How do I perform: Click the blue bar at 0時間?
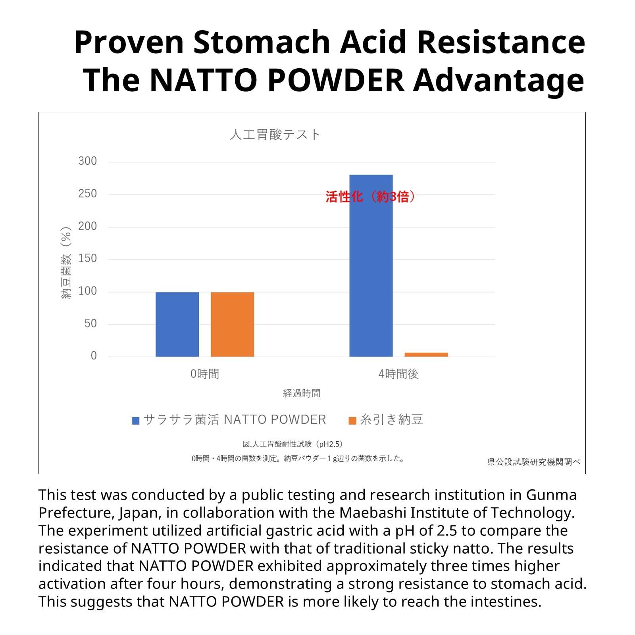(x=177, y=324)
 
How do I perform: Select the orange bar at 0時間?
(x=232, y=324)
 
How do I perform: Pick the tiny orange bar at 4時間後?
(x=426, y=354)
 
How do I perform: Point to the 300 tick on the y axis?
(x=87, y=161)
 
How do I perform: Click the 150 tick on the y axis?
(x=87, y=259)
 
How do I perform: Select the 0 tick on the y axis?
(x=94, y=356)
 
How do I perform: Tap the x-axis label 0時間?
(x=205, y=374)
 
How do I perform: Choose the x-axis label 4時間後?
(x=398, y=374)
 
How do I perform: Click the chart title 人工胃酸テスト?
(x=275, y=135)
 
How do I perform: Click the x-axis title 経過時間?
(x=302, y=393)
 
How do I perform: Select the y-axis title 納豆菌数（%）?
(x=66, y=263)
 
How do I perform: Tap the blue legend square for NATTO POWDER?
(x=136, y=421)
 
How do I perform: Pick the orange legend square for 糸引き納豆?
(x=352, y=421)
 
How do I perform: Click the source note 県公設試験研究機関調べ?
(x=534, y=462)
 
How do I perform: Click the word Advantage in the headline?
(x=498, y=80)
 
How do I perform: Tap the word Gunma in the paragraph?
(x=551, y=495)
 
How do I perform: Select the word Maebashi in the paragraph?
(x=373, y=513)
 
